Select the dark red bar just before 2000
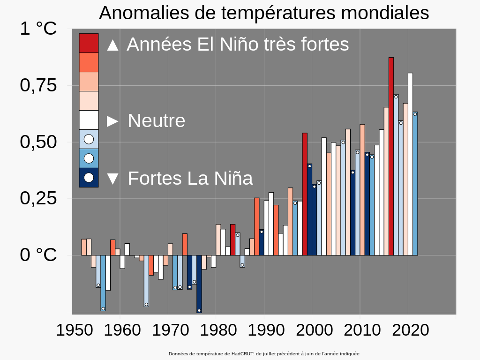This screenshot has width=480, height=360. click(305, 194)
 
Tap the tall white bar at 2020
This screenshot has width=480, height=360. click(410, 164)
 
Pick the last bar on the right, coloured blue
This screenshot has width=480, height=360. click(415, 183)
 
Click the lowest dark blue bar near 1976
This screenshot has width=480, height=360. click(199, 284)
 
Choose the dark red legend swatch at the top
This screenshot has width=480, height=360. click(89, 43)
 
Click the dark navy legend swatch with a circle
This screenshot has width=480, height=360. click(89, 178)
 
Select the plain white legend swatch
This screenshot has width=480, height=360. click(89, 120)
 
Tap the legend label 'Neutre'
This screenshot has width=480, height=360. click(157, 121)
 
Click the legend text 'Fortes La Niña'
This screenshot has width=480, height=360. click(190, 179)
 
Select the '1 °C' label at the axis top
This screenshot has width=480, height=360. click(38, 29)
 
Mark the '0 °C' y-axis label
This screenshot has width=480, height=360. click(38, 255)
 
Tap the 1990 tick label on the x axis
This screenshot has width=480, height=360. click(264, 330)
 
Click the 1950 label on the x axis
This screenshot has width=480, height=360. click(72, 330)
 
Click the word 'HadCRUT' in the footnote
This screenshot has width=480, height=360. click(243, 354)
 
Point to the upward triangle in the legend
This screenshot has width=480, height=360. click(112, 45)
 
